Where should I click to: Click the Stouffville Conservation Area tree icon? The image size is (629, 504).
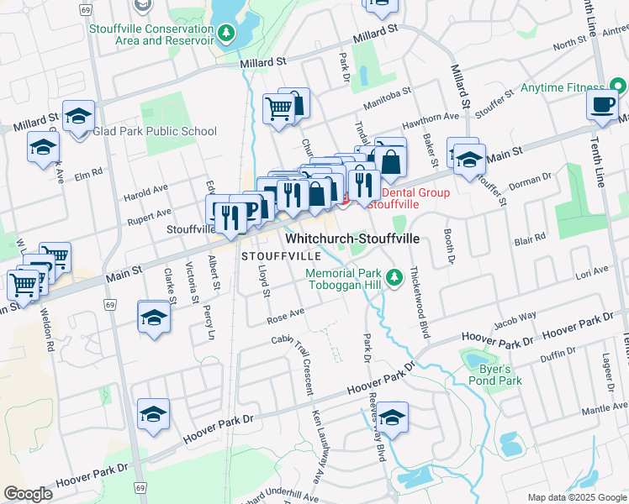tap(225, 33)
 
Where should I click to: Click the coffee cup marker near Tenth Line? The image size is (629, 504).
tap(601, 106)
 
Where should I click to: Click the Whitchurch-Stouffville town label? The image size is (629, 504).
tap(353, 239)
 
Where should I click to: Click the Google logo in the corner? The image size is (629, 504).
tap(27, 494)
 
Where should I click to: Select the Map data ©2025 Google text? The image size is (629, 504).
tap(576, 497)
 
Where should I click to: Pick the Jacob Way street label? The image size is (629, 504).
tap(515, 318)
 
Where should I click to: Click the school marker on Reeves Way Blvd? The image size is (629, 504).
tap(392, 417)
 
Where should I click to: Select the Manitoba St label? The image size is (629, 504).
tap(387, 100)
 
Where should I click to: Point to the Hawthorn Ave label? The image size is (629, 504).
tap(436, 118)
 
